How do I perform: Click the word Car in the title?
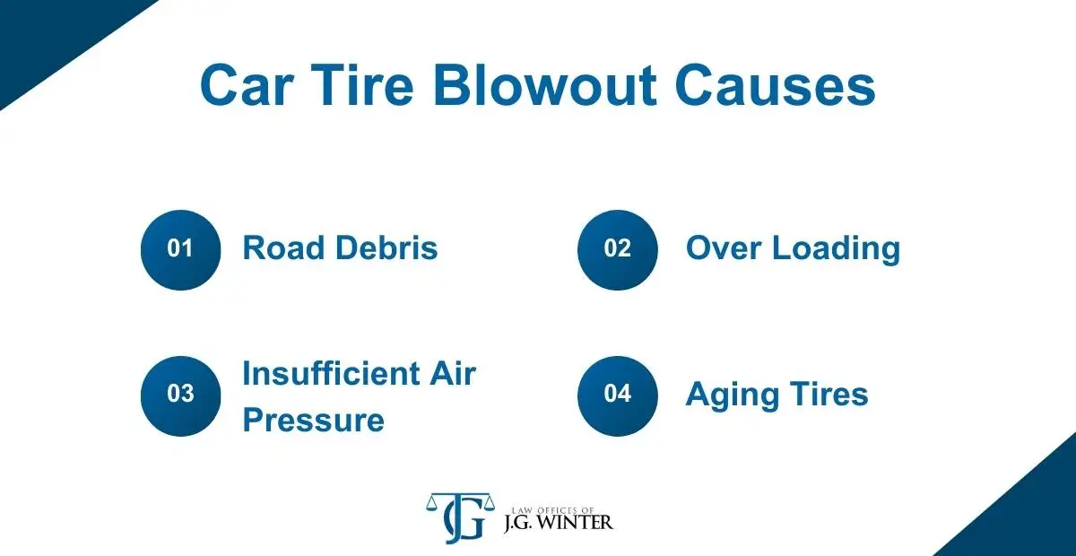247,85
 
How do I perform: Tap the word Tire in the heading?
362,84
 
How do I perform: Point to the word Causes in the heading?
776,85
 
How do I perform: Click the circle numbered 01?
180,250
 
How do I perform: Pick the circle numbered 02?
617,250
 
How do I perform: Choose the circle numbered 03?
180,396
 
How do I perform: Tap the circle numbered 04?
617,396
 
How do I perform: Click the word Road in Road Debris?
283,248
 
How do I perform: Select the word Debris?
386,248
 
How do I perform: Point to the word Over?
724,248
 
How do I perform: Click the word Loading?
837,249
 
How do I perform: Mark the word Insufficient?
332,373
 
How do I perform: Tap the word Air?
453,373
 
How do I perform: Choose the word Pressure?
314,420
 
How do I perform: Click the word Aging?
732,395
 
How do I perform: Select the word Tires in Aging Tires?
829,394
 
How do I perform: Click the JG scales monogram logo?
460,517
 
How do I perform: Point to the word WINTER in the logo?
575,522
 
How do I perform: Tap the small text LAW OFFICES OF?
553,510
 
